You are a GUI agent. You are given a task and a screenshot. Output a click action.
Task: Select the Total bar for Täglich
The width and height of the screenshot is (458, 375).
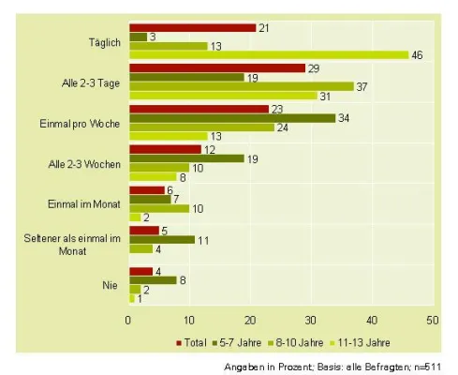(x=192, y=27)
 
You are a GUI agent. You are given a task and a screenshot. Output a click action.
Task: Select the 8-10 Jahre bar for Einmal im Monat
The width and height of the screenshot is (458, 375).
(x=158, y=208)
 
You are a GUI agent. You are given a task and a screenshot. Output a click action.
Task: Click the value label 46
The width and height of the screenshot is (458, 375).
(x=418, y=55)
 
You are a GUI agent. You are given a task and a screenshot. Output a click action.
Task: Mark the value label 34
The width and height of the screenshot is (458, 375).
(x=345, y=118)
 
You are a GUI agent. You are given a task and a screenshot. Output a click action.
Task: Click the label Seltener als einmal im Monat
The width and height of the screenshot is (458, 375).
(x=84, y=246)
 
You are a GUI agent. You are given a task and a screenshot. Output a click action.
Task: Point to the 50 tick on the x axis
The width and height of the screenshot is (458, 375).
(x=432, y=320)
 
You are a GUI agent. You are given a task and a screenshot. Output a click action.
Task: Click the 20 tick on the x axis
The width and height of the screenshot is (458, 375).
(x=250, y=320)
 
